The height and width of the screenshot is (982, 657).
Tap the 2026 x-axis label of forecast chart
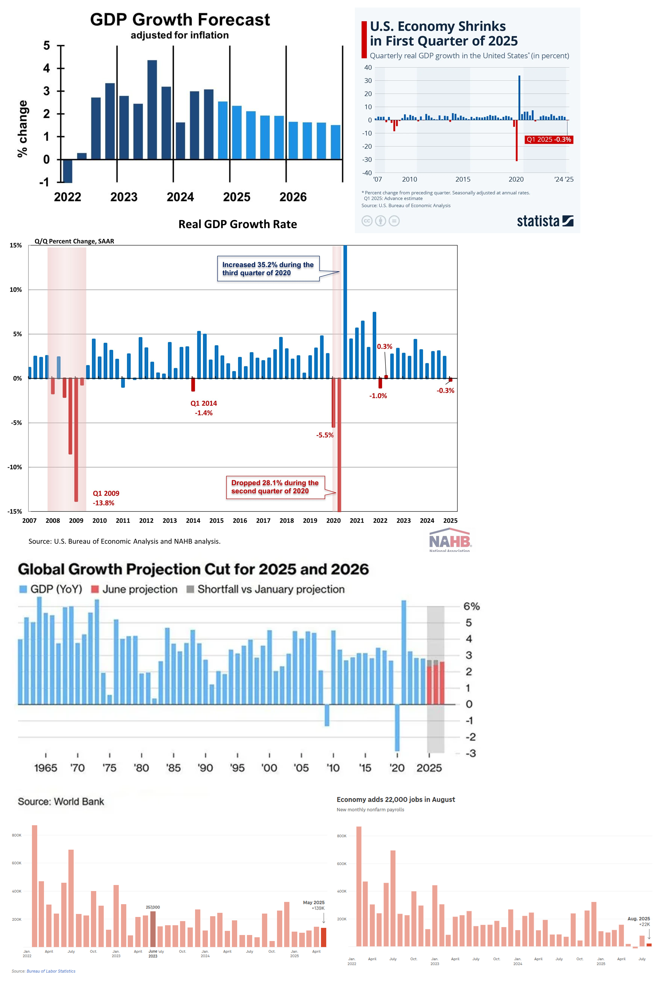pyautogui.click(x=293, y=197)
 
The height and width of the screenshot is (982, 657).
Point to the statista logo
pyautogui.click(x=545, y=221)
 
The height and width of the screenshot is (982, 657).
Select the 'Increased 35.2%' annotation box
pyautogui.click(x=268, y=269)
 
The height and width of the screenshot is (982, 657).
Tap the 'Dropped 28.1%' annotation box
pyautogui.click(x=275, y=487)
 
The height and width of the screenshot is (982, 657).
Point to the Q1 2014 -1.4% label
pyautogui.click(x=204, y=408)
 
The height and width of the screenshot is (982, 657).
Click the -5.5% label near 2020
pyautogui.click(x=325, y=435)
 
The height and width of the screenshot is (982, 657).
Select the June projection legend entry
pyautogui.click(x=135, y=589)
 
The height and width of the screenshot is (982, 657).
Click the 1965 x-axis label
pyautogui.click(x=46, y=768)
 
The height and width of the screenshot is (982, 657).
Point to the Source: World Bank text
pyautogui.click(x=61, y=801)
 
